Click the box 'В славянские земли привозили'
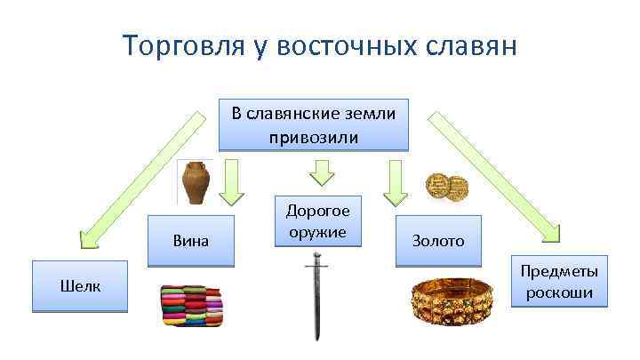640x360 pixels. point(314,124)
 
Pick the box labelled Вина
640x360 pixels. point(189,240)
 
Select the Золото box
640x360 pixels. point(437,240)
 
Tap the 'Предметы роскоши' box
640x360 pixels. point(559,283)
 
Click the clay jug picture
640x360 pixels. point(196,184)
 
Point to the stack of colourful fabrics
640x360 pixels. point(191,307)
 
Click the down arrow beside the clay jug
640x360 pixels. point(232,181)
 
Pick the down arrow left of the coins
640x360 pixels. point(392,181)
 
